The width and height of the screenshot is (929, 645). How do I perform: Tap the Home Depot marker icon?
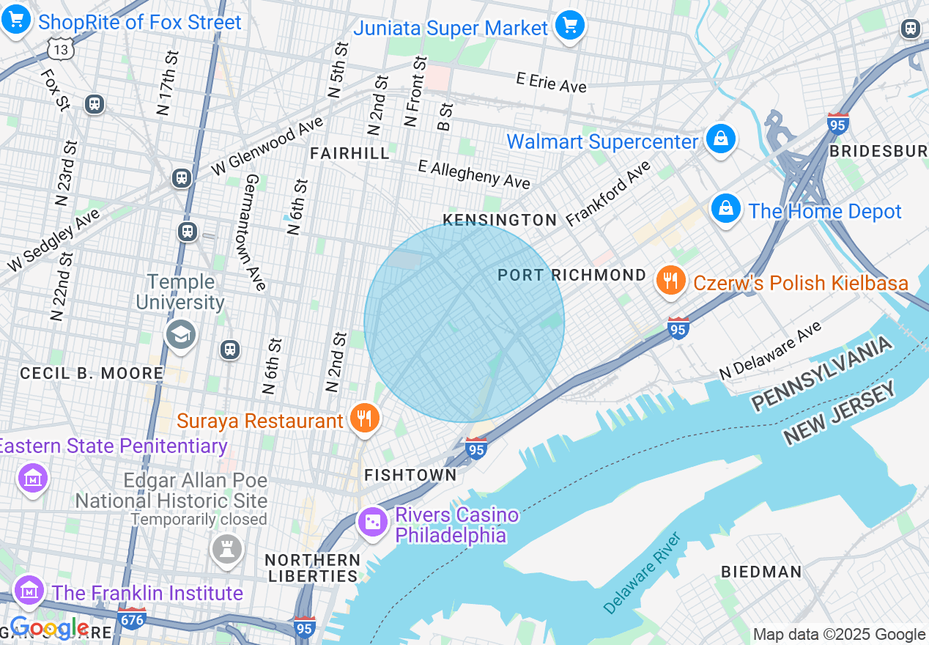coord(725,209)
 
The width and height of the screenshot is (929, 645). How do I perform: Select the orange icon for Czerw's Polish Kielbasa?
coord(670,281)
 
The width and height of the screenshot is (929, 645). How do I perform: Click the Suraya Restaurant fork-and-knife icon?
coord(364,419)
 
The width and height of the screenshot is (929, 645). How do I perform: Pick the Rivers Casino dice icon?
coord(373,522)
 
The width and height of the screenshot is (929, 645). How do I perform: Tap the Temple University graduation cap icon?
coord(180,335)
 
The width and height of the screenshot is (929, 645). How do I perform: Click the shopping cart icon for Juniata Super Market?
coord(569,26)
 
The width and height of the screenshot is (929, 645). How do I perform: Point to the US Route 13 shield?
coord(62,49)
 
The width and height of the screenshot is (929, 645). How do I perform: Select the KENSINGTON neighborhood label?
coord(500,220)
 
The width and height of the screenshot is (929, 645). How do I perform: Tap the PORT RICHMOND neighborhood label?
coord(571,275)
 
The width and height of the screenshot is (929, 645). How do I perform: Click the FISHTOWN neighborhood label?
coord(410,475)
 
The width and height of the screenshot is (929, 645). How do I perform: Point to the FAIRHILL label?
coord(349,152)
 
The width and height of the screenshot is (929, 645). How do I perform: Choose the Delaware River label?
coord(643,572)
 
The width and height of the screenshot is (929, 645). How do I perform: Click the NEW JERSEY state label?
coord(840,414)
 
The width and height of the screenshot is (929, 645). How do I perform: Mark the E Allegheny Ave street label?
coord(474,174)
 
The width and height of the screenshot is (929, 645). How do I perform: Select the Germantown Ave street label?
coord(254,232)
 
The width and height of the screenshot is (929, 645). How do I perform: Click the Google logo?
coord(49,628)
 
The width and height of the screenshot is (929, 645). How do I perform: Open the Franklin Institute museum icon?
coord(29,591)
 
